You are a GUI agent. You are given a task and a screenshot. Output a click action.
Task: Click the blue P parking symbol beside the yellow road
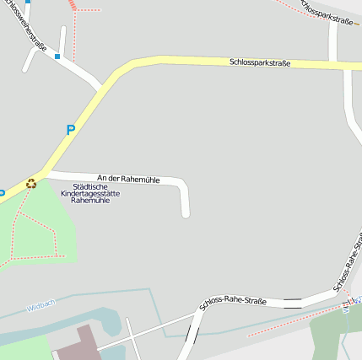pyautogui.click(x=71, y=130)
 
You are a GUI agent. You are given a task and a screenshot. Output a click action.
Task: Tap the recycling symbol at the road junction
pyautogui.click(x=31, y=183)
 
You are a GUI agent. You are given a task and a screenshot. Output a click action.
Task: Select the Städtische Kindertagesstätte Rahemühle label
pyautogui.click(x=90, y=194)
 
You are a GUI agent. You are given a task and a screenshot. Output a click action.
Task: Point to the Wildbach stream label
pyautogui.click(x=41, y=305)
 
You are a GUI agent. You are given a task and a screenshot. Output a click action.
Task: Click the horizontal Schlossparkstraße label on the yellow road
pyautogui.click(x=260, y=62)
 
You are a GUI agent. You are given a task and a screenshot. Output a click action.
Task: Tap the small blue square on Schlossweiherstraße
pyautogui.click(x=57, y=56)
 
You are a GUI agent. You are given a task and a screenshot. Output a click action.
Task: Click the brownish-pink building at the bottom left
pyautogui.click(x=81, y=345)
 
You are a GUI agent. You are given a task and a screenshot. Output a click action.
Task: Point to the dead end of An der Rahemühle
pyautogui.click(x=186, y=213)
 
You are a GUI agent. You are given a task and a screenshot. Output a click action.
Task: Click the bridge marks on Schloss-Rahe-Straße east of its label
pyautogui.click(x=292, y=303)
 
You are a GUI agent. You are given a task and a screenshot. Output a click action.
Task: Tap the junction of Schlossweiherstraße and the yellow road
pyautogui.click(x=101, y=86)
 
